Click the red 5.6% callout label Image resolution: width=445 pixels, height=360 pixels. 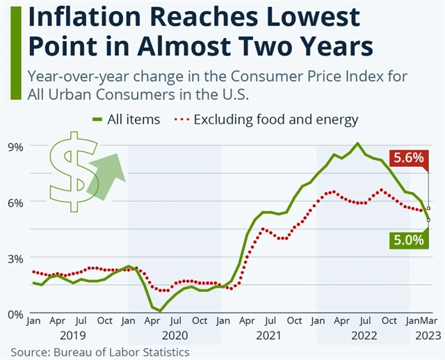pyautogui.click(x=408, y=158)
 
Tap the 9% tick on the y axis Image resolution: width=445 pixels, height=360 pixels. pyautogui.click(x=15, y=146)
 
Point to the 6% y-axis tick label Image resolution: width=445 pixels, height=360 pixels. pyautogui.click(x=15, y=202)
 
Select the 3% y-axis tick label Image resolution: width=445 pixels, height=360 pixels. pyautogui.click(x=15, y=258)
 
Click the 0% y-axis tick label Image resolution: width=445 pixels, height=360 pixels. pyautogui.click(x=15, y=313)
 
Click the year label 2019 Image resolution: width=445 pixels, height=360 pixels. pyautogui.click(x=80, y=336)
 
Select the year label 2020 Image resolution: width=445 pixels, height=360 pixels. pyautogui.click(x=175, y=336)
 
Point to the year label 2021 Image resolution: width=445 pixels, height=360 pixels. pyautogui.click(x=268, y=336)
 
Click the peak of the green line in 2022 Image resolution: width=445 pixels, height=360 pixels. pyautogui.click(x=357, y=144)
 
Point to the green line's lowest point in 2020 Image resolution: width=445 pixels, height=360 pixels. pyautogui.click(x=161, y=311)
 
